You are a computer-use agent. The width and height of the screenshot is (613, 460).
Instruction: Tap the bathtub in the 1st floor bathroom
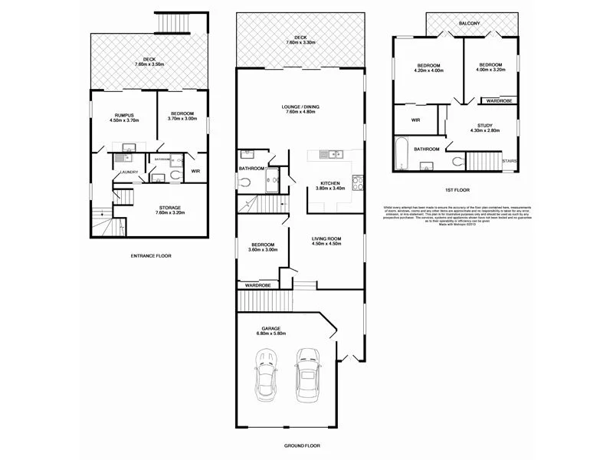tap(401, 154)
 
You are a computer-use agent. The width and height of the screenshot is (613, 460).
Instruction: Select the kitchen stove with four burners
tap(356, 182)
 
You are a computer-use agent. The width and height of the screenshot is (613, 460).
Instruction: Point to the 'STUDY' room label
tap(484, 125)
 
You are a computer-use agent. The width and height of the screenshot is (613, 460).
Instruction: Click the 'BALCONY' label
tap(469, 23)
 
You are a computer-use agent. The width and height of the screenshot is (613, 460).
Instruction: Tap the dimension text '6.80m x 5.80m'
tap(271, 333)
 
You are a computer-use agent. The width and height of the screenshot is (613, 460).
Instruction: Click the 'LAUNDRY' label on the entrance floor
tap(128, 172)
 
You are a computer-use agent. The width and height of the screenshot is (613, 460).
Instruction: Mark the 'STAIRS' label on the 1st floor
tap(509, 161)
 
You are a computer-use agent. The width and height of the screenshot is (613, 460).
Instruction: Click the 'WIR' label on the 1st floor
tap(415, 120)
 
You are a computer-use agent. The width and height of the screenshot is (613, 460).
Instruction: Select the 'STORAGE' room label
tap(170, 207)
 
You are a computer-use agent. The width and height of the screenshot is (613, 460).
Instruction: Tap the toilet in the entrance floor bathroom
tap(175, 175)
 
